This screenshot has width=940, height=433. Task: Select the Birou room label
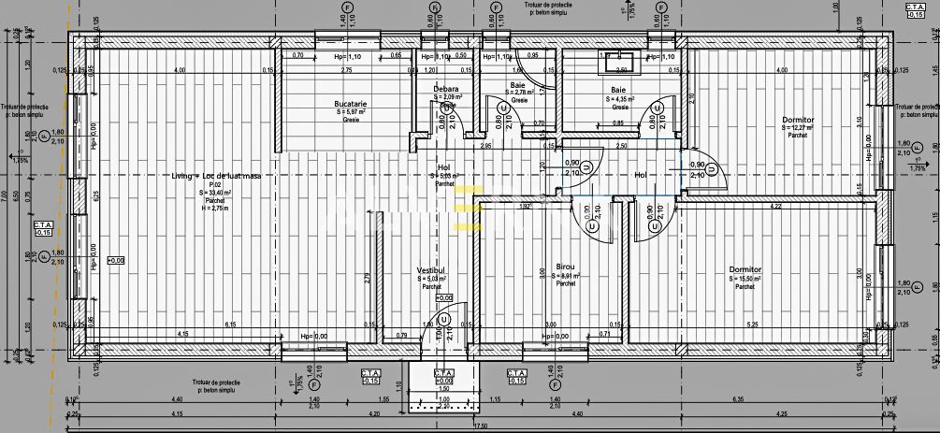[564, 267]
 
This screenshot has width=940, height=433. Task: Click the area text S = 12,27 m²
[798, 128]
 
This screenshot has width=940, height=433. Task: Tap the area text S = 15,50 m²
[745, 279]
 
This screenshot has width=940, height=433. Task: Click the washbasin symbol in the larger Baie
[619, 63]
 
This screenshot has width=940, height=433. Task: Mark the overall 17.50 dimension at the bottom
[480, 426]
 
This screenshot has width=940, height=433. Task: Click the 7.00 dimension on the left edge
[5, 196]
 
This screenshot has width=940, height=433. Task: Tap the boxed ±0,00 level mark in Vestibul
[444, 297]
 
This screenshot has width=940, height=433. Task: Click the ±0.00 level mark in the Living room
[116, 260]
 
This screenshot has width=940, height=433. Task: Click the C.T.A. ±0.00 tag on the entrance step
[444, 376]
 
